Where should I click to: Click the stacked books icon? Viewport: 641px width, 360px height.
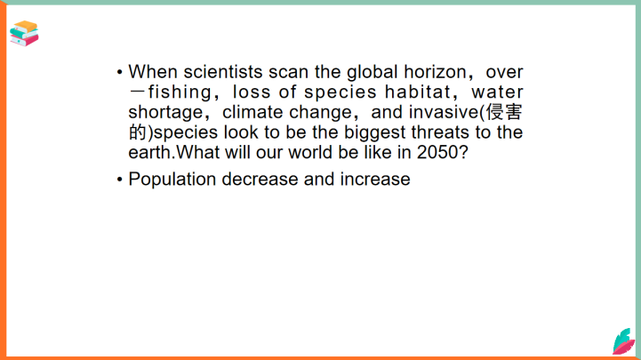point(24,34)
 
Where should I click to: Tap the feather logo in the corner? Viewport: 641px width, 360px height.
point(624,341)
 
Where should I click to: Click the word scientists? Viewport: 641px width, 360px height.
point(223,72)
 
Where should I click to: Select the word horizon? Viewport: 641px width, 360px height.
point(435,72)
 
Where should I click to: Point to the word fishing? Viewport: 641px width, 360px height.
point(180,92)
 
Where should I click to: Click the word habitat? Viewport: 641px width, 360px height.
point(417,92)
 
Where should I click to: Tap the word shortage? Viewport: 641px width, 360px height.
point(165,112)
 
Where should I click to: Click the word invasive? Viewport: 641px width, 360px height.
point(444,112)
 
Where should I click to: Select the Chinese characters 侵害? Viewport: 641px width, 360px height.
point(504,112)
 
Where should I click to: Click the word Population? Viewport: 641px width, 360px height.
point(172,180)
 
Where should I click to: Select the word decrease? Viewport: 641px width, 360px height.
point(260,180)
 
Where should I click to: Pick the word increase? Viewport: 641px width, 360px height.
point(375,180)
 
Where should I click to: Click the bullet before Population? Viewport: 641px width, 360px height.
point(119,180)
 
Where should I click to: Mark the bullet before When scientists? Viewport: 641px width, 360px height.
point(119,72)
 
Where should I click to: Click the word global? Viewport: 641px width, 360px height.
point(372,72)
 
